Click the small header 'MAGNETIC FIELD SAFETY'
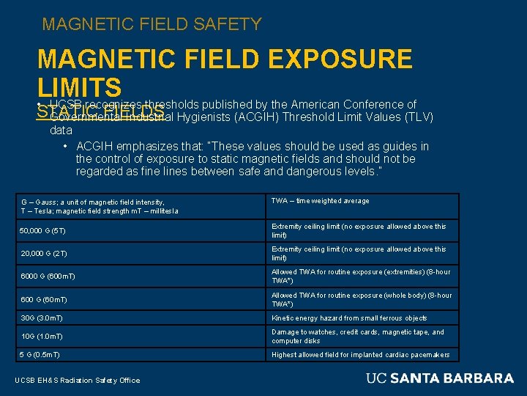152,24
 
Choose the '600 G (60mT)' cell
44,299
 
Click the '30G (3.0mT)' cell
42,318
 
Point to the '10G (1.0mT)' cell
42,337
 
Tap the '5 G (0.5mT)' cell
40,355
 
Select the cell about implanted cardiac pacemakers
361,355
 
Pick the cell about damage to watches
358,337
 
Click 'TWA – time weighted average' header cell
320,201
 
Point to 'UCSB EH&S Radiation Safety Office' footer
77,379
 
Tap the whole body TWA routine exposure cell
362,299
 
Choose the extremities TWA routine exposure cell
362,276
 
